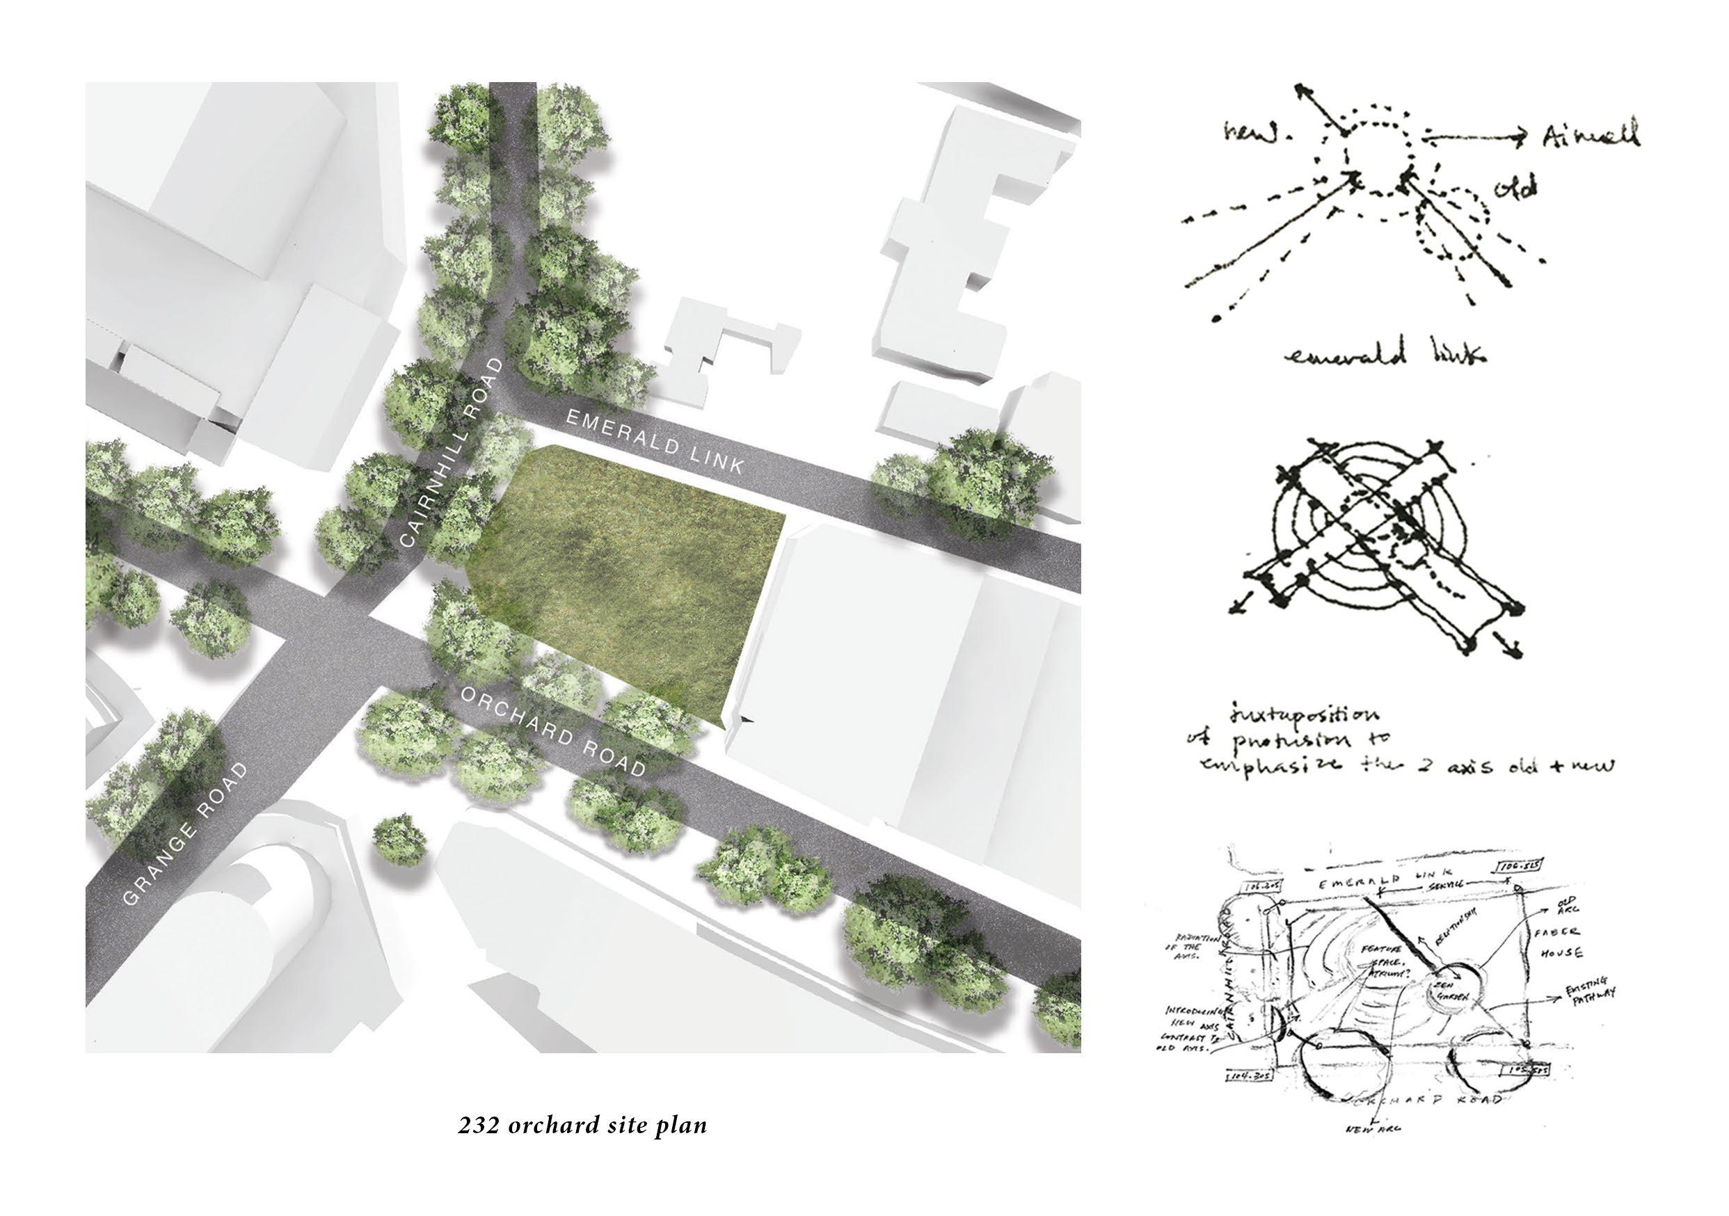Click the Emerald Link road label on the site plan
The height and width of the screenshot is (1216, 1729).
coord(655,441)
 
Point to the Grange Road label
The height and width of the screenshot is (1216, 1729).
coord(184,833)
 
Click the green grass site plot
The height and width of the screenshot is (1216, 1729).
coord(625,573)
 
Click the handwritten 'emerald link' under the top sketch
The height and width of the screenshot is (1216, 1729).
coord(1385,354)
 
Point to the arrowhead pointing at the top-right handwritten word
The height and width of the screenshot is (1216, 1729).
coord(1521,137)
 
